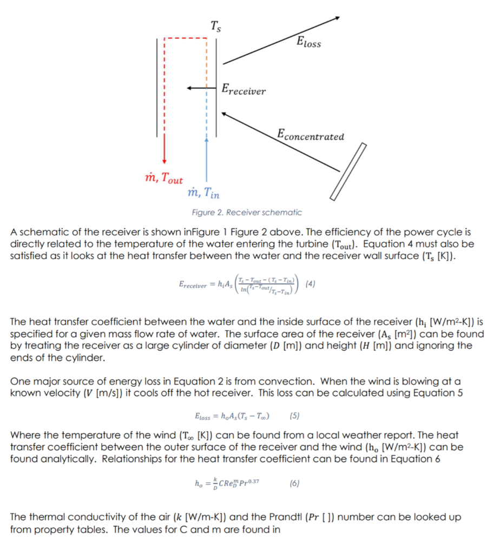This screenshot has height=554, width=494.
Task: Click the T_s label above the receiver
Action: (x=215, y=25)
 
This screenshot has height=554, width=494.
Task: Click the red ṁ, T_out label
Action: (x=161, y=179)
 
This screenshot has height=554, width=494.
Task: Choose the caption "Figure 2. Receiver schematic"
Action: (x=247, y=213)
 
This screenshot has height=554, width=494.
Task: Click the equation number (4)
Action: (x=311, y=283)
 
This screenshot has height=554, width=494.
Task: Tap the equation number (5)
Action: (x=294, y=416)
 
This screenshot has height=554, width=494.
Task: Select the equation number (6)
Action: (x=294, y=483)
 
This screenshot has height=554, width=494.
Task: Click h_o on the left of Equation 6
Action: (x=197, y=483)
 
